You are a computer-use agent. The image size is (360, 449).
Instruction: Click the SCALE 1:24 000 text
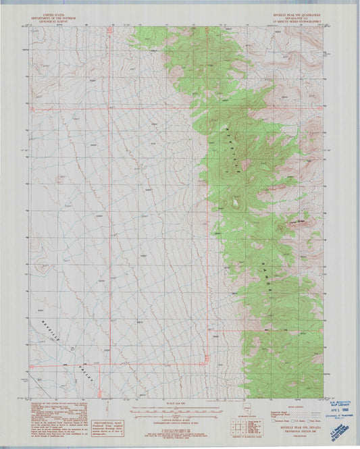click(x=176, y=404)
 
